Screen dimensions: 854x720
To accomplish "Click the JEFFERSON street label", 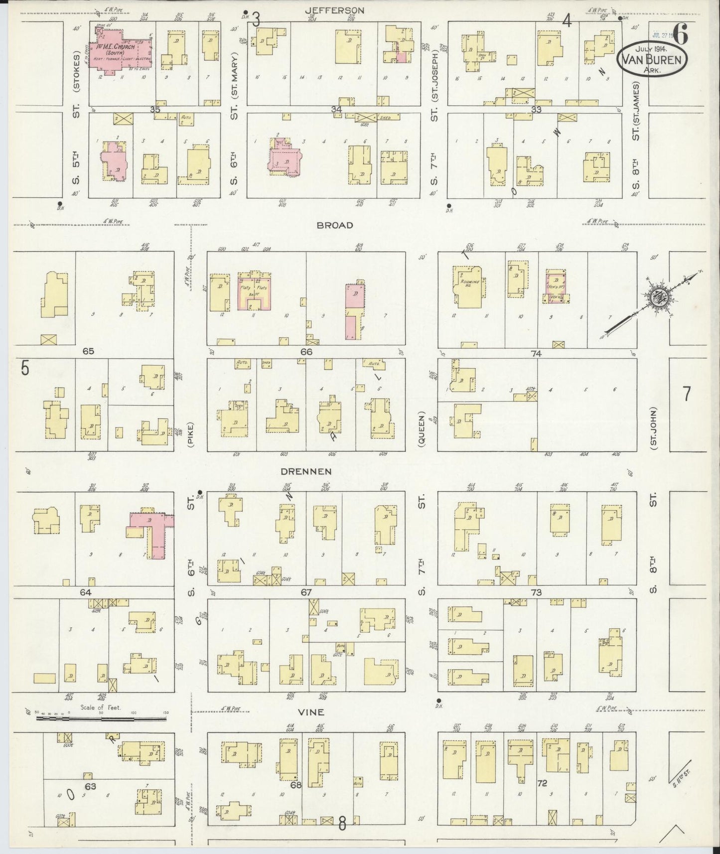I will click(x=335, y=9).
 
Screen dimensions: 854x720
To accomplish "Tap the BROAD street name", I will click(x=334, y=225).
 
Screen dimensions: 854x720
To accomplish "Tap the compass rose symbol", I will click(x=659, y=299).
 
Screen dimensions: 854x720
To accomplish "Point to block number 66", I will click(x=305, y=352).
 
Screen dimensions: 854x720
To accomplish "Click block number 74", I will click(x=536, y=353).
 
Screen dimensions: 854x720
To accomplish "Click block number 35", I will click(x=155, y=109).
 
